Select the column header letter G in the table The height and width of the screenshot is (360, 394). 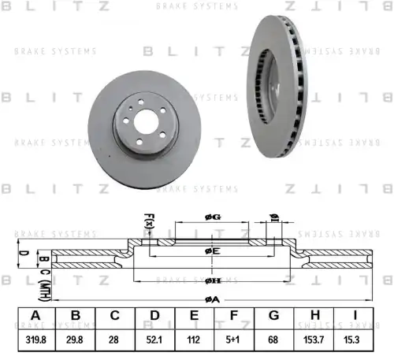(273, 317)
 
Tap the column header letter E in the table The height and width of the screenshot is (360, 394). (195, 317)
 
